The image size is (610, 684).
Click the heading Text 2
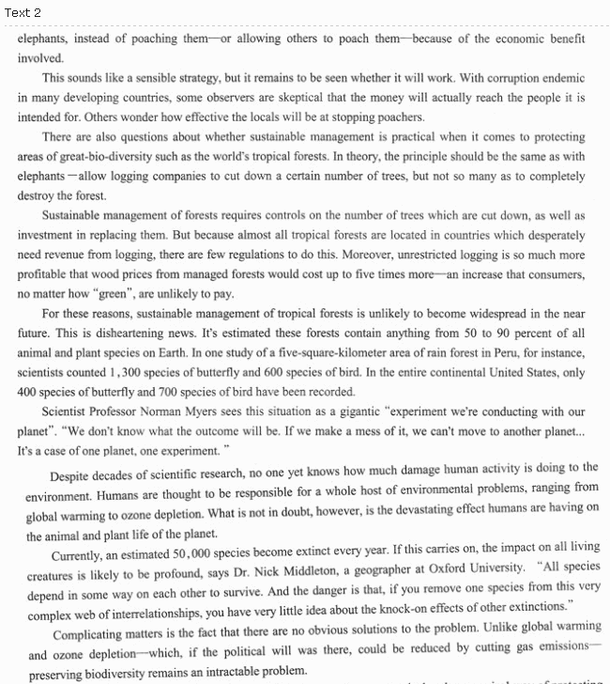click(x=23, y=12)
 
